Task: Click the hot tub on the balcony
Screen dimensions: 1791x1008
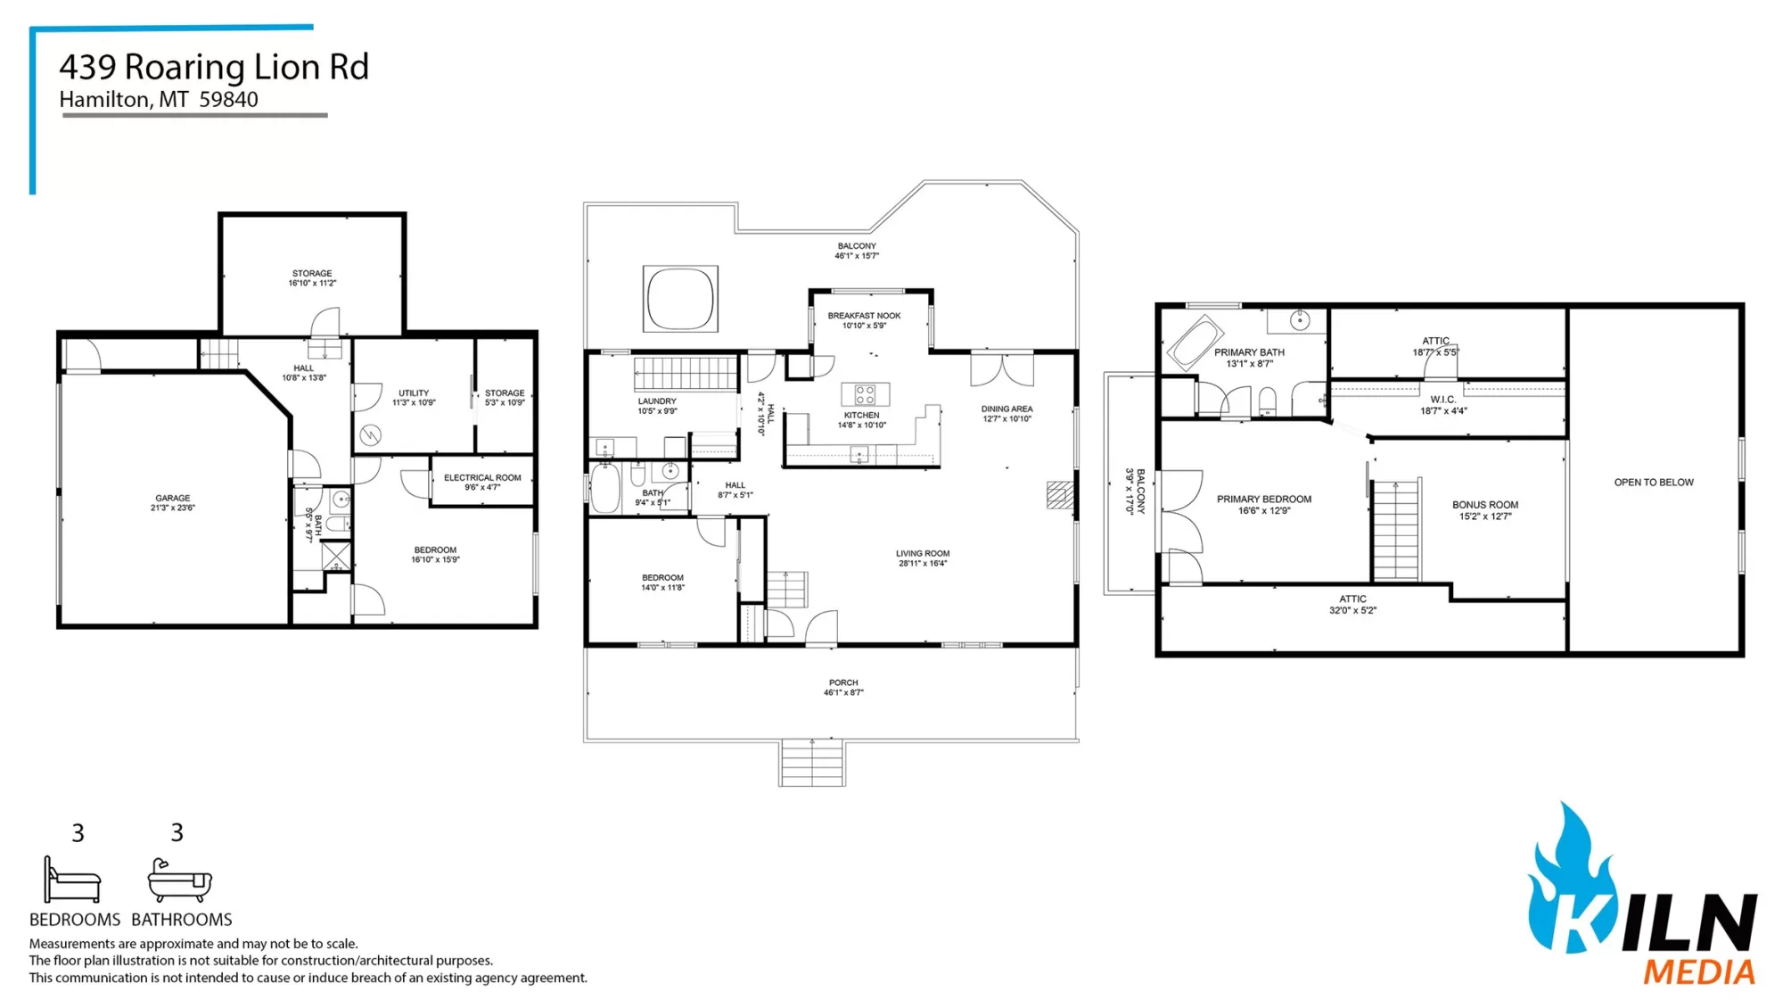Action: pyautogui.click(x=680, y=298)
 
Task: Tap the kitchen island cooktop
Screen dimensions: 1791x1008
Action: pyautogui.click(x=865, y=394)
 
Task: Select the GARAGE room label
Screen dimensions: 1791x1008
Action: pyautogui.click(x=173, y=499)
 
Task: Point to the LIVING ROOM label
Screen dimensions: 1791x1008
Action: pyautogui.click(x=923, y=553)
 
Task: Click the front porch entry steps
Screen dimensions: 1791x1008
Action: pyautogui.click(x=812, y=763)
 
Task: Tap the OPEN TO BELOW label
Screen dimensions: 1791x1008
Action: pyautogui.click(x=1654, y=483)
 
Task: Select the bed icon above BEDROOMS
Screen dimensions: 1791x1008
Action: pyautogui.click(x=72, y=880)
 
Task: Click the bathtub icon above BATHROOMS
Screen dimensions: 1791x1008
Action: pyautogui.click(x=180, y=880)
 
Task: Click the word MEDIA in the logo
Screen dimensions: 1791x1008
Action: pyautogui.click(x=1699, y=971)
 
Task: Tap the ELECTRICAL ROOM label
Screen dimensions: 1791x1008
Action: pyautogui.click(x=482, y=478)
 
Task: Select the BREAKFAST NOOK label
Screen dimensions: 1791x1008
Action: pyautogui.click(x=864, y=316)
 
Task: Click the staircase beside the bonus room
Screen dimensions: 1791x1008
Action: pyautogui.click(x=1396, y=530)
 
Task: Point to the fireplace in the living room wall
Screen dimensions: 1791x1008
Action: pyautogui.click(x=1059, y=495)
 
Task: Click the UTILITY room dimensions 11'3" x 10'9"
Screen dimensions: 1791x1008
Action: pyautogui.click(x=414, y=403)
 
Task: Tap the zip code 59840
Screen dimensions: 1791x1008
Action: pyautogui.click(x=229, y=100)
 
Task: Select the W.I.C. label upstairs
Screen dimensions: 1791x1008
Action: pyautogui.click(x=1442, y=400)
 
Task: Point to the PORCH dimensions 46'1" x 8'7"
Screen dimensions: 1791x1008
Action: pyautogui.click(x=843, y=693)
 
